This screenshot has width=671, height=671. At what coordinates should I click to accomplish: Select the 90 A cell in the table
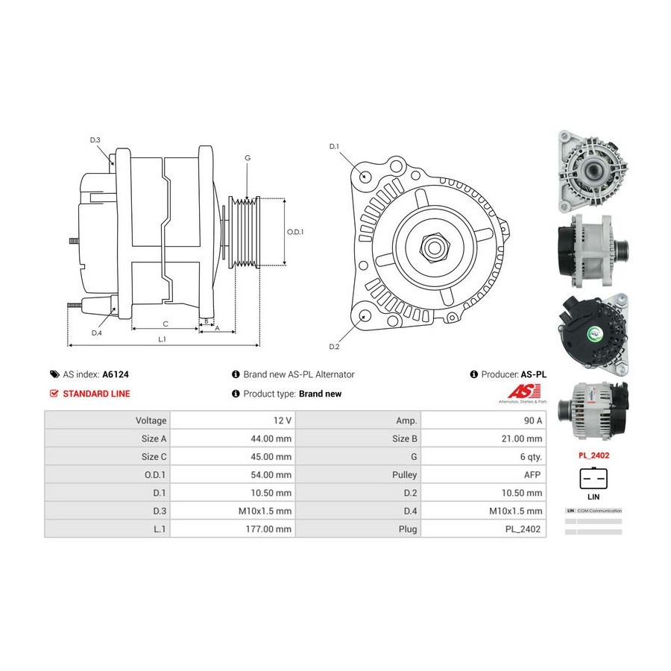[532, 420]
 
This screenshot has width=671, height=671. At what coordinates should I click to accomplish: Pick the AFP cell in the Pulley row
[532, 475]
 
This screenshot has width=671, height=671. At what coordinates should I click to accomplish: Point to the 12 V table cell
[281, 420]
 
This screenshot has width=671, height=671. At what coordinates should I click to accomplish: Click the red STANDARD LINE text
[95, 394]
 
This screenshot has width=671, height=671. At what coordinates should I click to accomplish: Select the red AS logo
[519, 391]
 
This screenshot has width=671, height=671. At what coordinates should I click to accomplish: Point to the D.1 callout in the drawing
[334, 146]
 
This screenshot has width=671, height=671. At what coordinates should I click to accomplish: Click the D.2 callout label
[334, 347]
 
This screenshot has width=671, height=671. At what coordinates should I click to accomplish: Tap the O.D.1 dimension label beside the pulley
[295, 231]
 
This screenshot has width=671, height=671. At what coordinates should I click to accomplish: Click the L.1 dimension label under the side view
[162, 339]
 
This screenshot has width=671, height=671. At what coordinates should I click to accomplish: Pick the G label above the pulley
[248, 158]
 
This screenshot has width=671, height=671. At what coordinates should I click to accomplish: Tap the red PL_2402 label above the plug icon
[593, 453]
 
